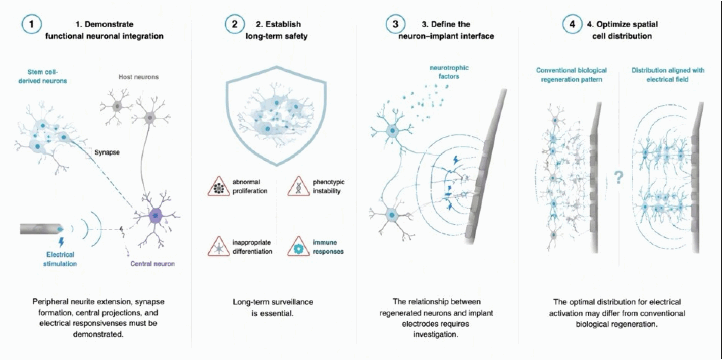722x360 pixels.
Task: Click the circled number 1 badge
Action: pyautogui.click(x=31, y=24)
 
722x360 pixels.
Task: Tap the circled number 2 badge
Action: pyautogui.click(x=234, y=24)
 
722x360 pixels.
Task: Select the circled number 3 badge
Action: pyautogui.click(x=395, y=24)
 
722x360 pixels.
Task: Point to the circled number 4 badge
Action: pyautogui.click(x=572, y=24)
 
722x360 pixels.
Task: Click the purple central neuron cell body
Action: pyautogui.click(x=156, y=216)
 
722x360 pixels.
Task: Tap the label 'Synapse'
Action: pyautogui.click(x=107, y=152)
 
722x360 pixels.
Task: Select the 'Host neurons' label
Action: pyautogui.click(x=139, y=77)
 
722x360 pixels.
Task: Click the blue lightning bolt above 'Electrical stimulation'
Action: pyautogui.click(x=61, y=242)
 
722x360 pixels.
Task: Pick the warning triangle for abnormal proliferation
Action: pyautogui.click(x=219, y=187)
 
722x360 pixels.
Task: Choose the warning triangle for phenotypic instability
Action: pyautogui.click(x=299, y=187)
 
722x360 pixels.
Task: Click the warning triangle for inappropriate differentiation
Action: pyautogui.click(x=219, y=247)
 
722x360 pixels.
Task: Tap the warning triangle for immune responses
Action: pyautogui.click(x=299, y=247)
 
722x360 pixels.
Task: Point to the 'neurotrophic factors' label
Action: pyautogui.click(x=449, y=72)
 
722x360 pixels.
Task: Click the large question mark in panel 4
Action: pyautogui.click(x=618, y=177)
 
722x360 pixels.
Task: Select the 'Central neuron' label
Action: pyautogui.click(x=152, y=264)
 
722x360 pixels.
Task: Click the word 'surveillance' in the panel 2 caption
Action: pyautogui.click(x=293, y=302)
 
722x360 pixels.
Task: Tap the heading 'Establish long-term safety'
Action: pyautogui.click(x=278, y=30)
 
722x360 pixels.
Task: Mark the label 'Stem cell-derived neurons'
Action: pyautogui.click(x=42, y=76)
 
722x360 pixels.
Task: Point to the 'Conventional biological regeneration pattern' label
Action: pyautogui.click(x=572, y=75)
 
